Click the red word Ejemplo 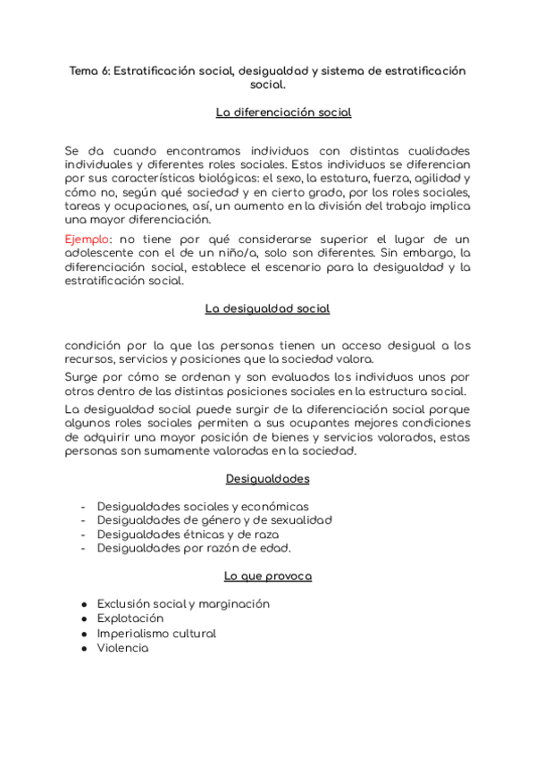tap(86, 240)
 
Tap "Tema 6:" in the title tap(89, 71)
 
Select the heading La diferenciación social tap(283, 113)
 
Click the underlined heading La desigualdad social tap(267, 308)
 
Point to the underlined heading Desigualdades tap(267, 479)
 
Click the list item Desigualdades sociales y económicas tap(203, 506)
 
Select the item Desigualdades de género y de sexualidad tap(214, 519)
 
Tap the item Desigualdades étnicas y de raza tap(188, 534)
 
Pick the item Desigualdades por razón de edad tap(194, 548)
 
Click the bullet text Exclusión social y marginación tap(183, 604)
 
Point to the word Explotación tap(130, 619)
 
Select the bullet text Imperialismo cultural tap(156, 633)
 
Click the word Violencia tap(122, 648)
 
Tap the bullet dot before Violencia tap(83, 648)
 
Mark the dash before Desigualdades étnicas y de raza tap(83, 534)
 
